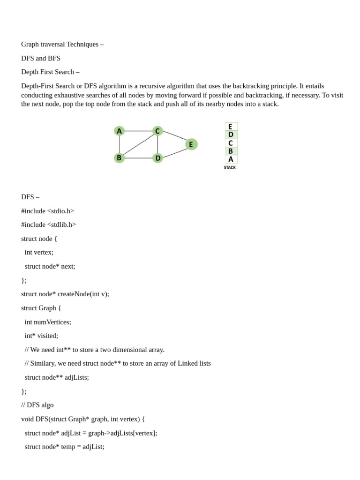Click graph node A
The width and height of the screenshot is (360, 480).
tap(119, 131)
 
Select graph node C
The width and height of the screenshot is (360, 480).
tap(157, 131)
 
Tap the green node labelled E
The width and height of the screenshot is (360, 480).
tap(191, 144)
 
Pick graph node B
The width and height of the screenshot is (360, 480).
tap(119, 158)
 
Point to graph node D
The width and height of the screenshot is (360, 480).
tap(158, 158)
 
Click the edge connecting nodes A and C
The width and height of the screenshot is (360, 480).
tap(138, 131)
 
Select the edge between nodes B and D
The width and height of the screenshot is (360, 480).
tap(138, 158)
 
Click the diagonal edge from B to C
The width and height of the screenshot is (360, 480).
tap(138, 145)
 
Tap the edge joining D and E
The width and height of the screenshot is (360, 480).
tap(174, 152)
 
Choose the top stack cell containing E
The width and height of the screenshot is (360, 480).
tap(231, 127)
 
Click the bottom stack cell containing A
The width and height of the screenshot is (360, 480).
tap(231, 159)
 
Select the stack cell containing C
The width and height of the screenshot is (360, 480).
tap(231, 143)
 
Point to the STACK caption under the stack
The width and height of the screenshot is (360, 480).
tap(230, 167)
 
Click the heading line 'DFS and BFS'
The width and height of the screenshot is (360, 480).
tap(41, 58)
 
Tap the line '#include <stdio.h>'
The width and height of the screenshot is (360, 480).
tap(47, 211)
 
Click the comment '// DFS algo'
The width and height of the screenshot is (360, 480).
tap(37, 405)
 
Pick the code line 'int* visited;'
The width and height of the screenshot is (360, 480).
tap(41, 336)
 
